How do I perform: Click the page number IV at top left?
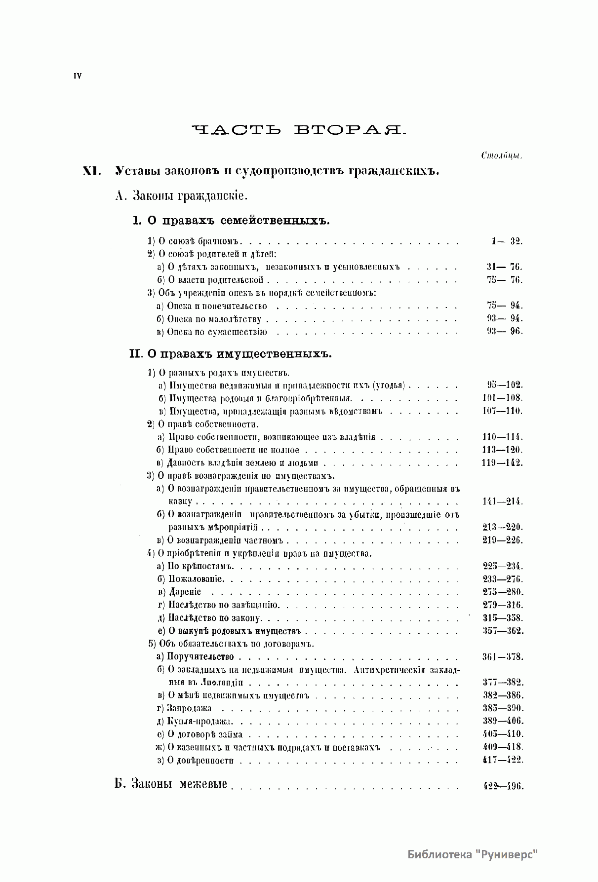point(78,76)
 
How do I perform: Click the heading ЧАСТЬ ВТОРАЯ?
point(298,130)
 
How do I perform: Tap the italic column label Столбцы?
point(502,155)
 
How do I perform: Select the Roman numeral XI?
point(92,171)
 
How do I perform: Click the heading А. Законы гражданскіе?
point(181,196)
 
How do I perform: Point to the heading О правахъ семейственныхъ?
point(231,221)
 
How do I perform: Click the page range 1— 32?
point(506,241)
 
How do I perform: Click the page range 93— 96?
point(504,331)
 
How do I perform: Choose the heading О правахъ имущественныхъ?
point(231,354)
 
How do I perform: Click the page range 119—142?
point(502,463)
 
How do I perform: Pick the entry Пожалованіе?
point(191,579)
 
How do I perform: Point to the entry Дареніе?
point(179,592)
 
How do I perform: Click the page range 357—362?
point(503,631)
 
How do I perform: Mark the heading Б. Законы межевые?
point(171,784)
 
